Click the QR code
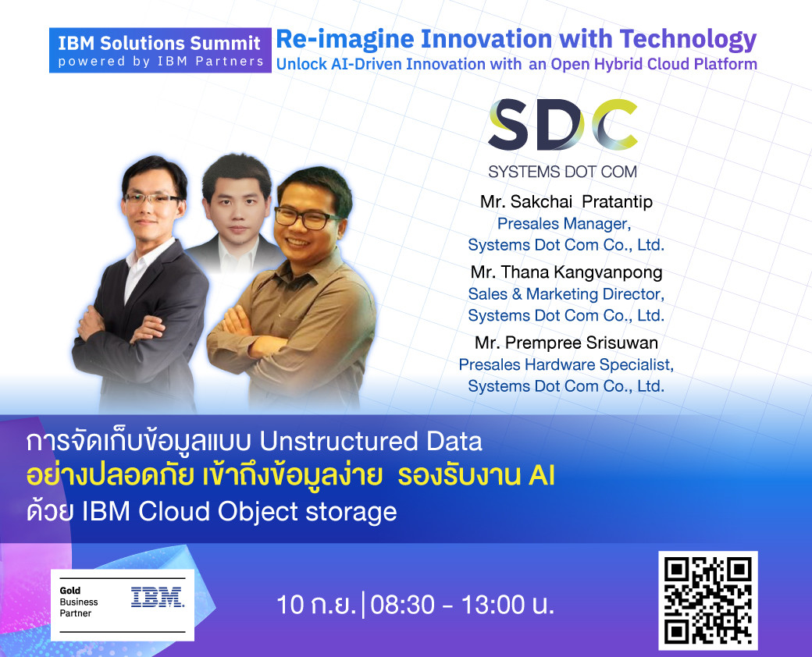pyautogui.click(x=707, y=601)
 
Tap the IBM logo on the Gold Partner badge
pyautogui.click(x=158, y=597)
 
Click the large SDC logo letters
pyautogui.click(x=563, y=124)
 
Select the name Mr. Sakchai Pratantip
pyautogui.click(x=566, y=201)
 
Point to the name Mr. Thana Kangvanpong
pyautogui.click(x=566, y=272)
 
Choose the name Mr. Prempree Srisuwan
pyautogui.click(x=566, y=343)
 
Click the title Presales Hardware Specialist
pyautogui.click(x=566, y=364)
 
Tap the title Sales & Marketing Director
pyautogui.click(x=566, y=294)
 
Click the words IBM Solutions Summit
pyautogui.click(x=159, y=43)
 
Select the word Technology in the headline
pyautogui.click(x=688, y=40)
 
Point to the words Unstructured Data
pyautogui.click(x=371, y=442)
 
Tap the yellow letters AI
pyautogui.click(x=542, y=476)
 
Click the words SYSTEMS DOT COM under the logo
pyautogui.click(x=563, y=172)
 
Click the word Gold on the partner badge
pyautogui.click(x=70, y=590)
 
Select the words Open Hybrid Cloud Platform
pyautogui.click(x=654, y=64)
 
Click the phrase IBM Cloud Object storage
pyautogui.click(x=240, y=512)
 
